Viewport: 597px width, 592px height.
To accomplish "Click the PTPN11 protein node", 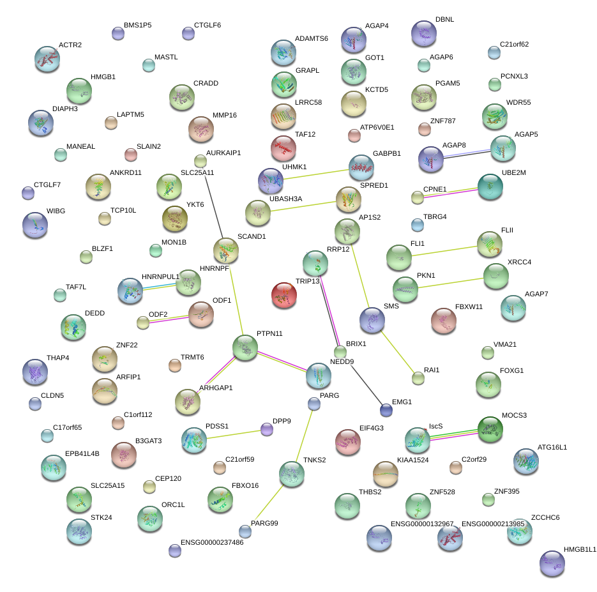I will click(x=245, y=347).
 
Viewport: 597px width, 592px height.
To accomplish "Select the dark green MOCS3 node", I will click(x=490, y=429).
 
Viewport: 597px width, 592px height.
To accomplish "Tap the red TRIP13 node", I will click(x=283, y=295).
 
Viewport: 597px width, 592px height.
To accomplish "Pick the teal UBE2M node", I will click(x=490, y=186).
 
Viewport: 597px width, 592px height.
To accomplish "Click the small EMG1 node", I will click(x=386, y=410).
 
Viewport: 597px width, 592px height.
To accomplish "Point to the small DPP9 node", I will click(x=267, y=429).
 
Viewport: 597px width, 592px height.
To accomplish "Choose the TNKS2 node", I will click(x=292, y=474).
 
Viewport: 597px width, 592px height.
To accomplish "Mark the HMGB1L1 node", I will click(x=552, y=563).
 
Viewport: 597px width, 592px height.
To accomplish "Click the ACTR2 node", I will click(x=47, y=59).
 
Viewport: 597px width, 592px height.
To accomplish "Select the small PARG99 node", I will click(x=245, y=530).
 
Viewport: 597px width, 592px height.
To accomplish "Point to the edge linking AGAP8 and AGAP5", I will click(x=467, y=153).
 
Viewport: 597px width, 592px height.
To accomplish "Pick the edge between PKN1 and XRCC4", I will click(x=451, y=282).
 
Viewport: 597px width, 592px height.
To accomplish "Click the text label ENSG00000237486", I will click(x=212, y=543).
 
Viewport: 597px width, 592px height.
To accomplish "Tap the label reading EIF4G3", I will click(x=371, y=428).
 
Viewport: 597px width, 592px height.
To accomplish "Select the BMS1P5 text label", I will click(x=137, y=26).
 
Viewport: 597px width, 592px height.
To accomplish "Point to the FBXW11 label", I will click(x=469, y=307).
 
